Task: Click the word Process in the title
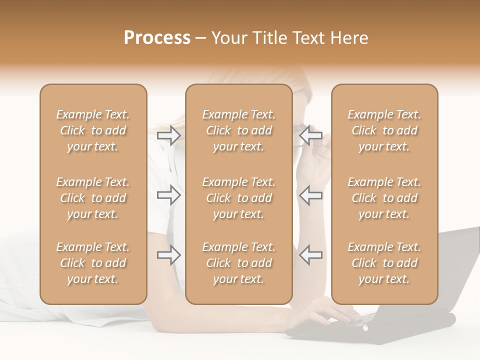(157, 38)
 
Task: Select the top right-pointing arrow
(168, 135)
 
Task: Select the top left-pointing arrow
(311, 135)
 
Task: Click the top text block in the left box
(93, 130)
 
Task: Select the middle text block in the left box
(93, 198)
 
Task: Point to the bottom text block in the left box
(93, 263)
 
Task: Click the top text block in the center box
(239, 130)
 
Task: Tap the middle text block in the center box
(239, 198)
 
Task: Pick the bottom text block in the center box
(239, 263)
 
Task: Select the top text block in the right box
(384, 130)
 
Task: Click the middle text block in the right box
(384, 198)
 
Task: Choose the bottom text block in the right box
(384, 263)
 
